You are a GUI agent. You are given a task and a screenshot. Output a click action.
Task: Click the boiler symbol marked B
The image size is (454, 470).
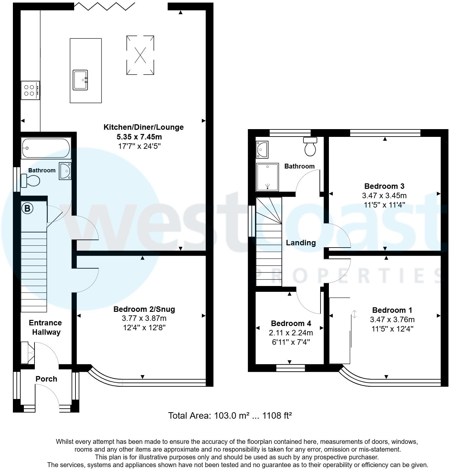(x=27, y=208)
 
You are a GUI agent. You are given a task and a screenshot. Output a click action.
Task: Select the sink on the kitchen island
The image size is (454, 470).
(x=80, y=80)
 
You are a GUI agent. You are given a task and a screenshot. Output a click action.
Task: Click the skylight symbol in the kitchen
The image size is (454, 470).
(x=140, y=55)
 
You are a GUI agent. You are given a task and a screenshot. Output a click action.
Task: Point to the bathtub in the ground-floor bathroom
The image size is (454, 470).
(x=45, y=148)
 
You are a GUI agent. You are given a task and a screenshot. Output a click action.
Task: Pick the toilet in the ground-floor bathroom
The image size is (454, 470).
(x=31, y=180)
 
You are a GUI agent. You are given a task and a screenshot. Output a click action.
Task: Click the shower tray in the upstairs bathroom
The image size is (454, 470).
(x=267, y=177)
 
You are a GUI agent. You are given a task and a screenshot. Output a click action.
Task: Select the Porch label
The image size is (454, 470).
(x=46, y=379)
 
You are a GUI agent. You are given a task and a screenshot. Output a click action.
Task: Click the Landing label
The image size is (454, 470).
(x=301, y=243)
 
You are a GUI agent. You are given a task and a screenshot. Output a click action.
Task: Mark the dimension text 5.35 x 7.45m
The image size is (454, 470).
(x=139, y=137)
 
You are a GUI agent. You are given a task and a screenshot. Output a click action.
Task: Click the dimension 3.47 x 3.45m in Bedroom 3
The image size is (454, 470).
(x=384, y=196)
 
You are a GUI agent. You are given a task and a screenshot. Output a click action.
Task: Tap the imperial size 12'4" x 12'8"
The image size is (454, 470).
(x=144, y=328)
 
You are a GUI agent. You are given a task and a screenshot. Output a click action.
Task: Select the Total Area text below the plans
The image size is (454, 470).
(x=230, y=415)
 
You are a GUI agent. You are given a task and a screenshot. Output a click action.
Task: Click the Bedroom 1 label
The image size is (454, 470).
(x=392, y=310)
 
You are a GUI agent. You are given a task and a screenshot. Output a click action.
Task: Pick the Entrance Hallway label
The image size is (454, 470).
(x=45, y=327)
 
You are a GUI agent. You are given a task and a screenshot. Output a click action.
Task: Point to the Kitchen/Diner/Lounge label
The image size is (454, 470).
(x=143, y=127)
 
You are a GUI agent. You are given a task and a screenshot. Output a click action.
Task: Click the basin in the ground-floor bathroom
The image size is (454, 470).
(x=65, y=171)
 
